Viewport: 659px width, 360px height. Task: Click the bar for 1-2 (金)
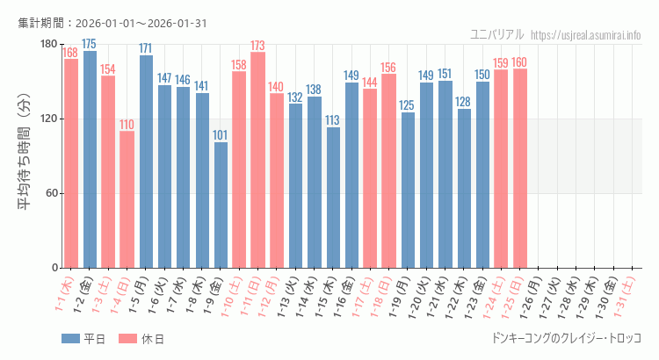[90, 159]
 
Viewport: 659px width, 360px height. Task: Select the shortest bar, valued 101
[221, 205]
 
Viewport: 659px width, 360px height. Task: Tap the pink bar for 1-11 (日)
[257, 160]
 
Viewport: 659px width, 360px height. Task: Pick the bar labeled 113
[333, 198]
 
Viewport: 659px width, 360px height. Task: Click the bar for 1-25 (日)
[520, 168]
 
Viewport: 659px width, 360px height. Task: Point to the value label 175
[90, 44]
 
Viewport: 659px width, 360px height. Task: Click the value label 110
[127, 125]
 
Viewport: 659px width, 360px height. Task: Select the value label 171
[146, 48]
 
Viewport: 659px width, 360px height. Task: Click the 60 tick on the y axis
[51, 193]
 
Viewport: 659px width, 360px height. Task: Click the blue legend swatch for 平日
[70, 339]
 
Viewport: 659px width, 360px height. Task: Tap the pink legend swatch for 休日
[127, 339]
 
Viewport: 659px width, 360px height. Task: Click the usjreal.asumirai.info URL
[586, 34]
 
